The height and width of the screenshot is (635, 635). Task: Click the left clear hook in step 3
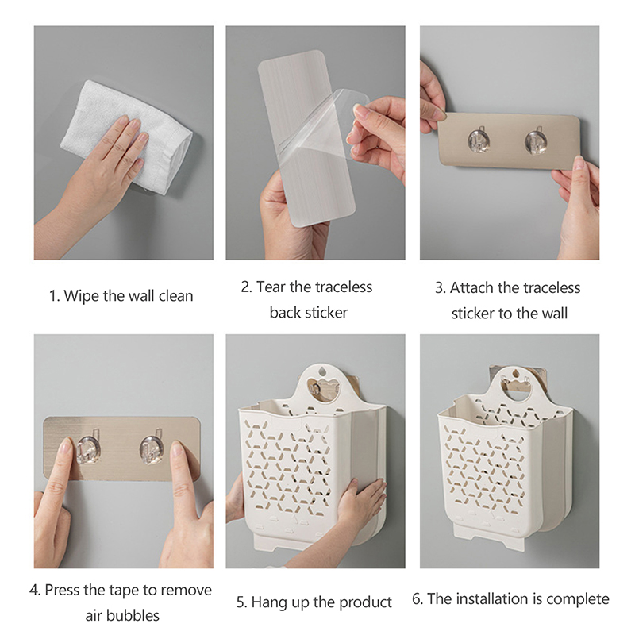(x=479, y=140)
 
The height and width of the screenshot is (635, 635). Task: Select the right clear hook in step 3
(x=537, y=140)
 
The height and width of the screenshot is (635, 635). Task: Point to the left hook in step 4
(x=89, y=448)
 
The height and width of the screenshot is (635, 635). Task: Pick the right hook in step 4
(x=152, y=448)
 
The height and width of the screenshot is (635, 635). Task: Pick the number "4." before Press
(x=35, y=590)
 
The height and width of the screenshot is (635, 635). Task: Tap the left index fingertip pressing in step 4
(x=66, y=446)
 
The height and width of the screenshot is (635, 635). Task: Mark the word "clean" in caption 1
(x=175, y=295)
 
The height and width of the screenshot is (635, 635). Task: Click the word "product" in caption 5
(x=365, y=602)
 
